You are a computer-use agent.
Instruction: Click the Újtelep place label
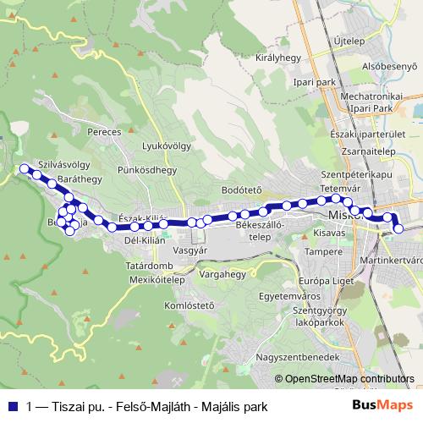tap(348, 40)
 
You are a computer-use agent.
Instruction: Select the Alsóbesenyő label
tap(391, 66)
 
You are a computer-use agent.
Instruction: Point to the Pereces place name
tap(105, 133)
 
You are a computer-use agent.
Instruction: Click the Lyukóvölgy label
tap(164, 146)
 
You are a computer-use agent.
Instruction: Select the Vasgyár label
tap(190, 251)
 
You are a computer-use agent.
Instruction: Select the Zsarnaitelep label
tap(371, 151)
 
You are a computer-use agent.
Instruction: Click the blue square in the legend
tap(13, 405)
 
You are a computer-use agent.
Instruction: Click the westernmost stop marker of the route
tap(25, 169)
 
